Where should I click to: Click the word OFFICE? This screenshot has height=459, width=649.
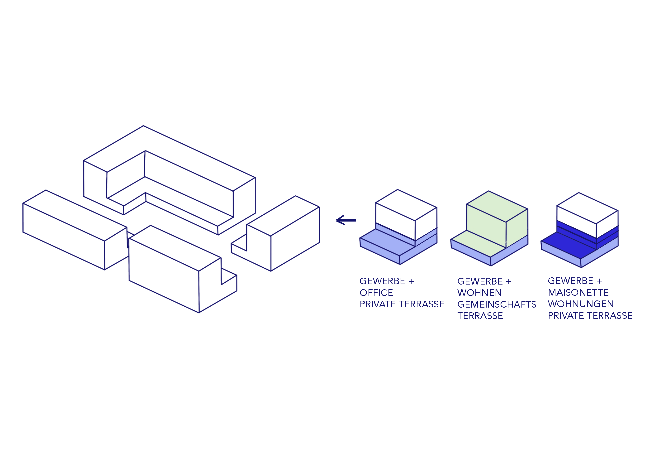(376, 293)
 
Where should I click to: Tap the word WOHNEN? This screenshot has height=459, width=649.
(479, 293)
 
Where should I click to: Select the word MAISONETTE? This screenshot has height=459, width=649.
(578, 292)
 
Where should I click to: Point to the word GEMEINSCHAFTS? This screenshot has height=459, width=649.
(497, 304)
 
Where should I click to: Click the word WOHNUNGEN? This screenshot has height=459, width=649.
(581, 304)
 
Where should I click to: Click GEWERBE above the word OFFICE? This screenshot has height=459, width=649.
(383, 281)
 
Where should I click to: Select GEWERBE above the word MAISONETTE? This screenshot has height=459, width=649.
(571, 281)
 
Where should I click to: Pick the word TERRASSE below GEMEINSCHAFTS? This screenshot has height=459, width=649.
(480, 316)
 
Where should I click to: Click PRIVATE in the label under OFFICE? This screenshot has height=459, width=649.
(378, 304)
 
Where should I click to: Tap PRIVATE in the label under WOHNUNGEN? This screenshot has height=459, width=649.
(566, 315)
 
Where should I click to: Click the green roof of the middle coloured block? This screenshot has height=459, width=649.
(497, 206)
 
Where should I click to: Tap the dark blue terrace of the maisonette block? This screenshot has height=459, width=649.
(568, 245)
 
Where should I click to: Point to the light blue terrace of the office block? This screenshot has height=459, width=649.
(387, 242)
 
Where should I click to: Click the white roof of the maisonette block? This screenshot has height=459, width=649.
(587, 208)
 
